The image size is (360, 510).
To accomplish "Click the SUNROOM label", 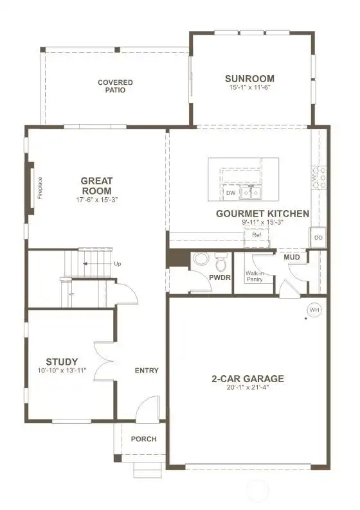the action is click(249, 79).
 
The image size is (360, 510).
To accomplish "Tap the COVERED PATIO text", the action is click(115, 86).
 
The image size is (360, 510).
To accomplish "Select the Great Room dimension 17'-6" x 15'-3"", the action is click(96, 200).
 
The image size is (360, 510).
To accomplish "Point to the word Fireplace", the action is click(40, 188).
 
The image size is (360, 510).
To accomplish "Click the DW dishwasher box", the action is click(231, 193).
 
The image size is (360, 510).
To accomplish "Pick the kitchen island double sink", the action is click(251, 193).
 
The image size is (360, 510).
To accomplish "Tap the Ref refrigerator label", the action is click(256, 234).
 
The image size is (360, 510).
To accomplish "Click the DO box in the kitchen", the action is click(318, 238).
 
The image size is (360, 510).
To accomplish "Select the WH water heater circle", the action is click(314, 310).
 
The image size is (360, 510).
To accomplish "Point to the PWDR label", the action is click(220, 277).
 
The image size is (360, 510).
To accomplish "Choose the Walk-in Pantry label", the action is click(255, 276).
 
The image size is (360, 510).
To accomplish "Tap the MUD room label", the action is click(292, 258).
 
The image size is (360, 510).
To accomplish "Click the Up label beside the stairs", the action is click(118, 264).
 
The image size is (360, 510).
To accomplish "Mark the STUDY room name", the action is click(62, 362).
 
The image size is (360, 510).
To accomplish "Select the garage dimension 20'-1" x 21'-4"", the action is click(248, 387).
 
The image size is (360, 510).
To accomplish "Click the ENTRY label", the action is click(147, 371).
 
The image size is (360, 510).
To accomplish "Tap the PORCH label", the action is click(143, 439).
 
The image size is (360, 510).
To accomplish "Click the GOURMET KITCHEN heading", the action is click(263, 214).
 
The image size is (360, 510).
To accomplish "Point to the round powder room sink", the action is click(201, 260).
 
